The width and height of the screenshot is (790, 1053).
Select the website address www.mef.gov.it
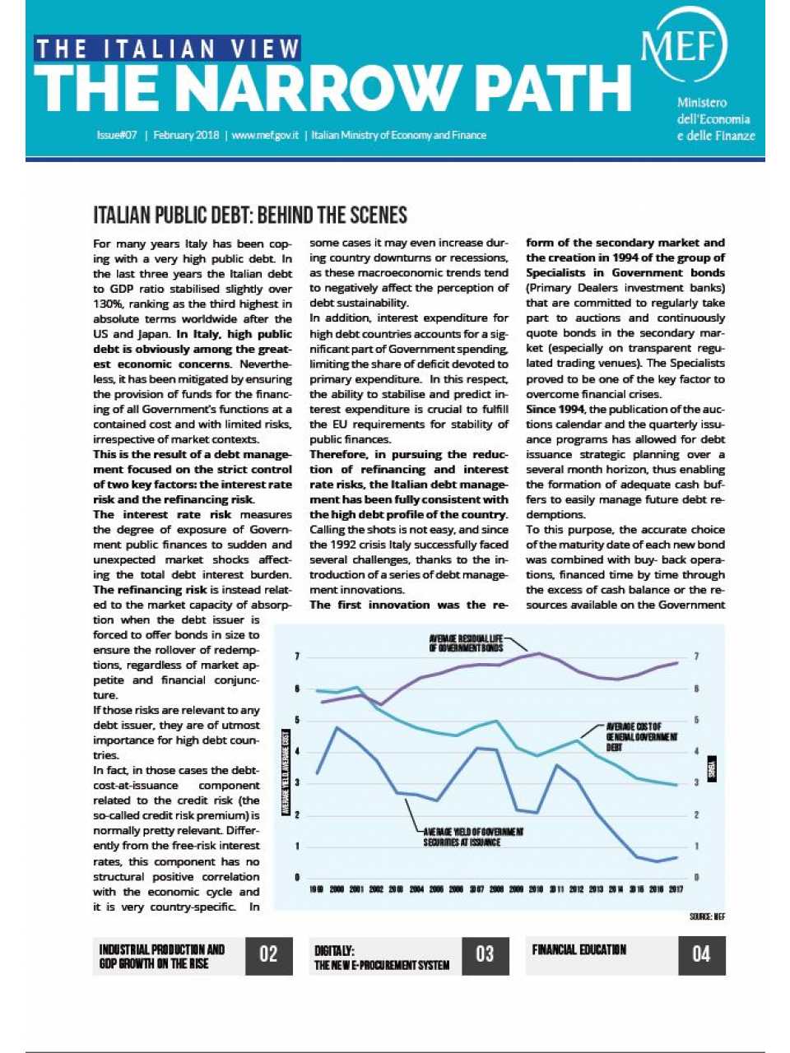[265, 135]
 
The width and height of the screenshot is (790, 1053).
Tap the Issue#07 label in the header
[116, 135]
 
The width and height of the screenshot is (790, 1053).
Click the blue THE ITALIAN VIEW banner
[167, 49]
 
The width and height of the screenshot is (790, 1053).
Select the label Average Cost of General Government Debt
[641, 737]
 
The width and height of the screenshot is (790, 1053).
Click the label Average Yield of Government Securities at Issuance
[473, 837]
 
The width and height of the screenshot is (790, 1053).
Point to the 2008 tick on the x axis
[496, 889]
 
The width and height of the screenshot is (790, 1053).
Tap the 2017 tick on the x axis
[676, 889]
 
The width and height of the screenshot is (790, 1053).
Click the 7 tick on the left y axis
[297, 656]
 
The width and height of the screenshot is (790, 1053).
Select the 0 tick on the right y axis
[697, 878]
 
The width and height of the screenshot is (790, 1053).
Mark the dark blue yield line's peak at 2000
[337, 727]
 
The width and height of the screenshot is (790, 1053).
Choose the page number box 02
[268, 954]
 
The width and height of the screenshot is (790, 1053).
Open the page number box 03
[485, 954]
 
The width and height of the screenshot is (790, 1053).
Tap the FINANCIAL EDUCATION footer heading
[579, 949]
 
